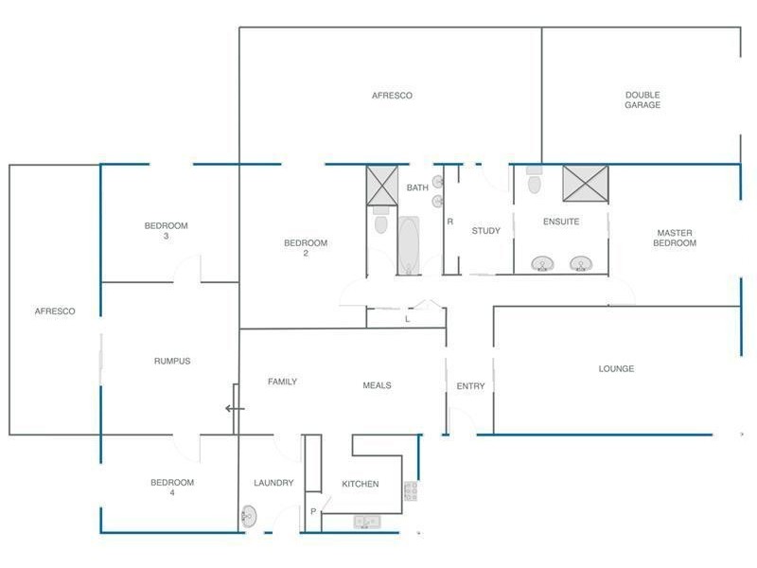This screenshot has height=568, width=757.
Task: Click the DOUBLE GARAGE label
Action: click(643, 99)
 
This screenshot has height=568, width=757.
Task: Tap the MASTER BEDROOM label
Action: click(675, 238)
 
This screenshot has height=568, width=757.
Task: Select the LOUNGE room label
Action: click(616, 368)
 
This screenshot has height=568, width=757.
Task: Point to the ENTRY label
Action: click(470, 386)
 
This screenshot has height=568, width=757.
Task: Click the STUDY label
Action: click(485, 231)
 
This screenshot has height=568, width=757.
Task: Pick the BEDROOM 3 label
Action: click(167, 230)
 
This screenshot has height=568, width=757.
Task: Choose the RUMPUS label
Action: click(172, 361)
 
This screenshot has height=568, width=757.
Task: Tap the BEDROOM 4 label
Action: click(172, 487)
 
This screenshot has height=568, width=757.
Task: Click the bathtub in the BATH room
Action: click(409, 245)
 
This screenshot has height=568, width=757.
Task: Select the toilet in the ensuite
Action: click(534, 180)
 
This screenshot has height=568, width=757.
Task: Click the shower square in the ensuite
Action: click(586, 183)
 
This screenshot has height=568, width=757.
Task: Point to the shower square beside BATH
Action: click(382, 186)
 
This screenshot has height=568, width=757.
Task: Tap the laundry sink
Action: click(249, 516)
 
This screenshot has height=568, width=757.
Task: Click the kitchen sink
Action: click(367, 522)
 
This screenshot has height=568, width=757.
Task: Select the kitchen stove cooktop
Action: click(411, 490)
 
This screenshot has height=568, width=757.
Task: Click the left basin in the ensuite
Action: click(542, 264)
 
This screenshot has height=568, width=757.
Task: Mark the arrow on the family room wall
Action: click(235, 409)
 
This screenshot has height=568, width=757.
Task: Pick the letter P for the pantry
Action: click(313, 511)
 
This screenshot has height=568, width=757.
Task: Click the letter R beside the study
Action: click(450, 222)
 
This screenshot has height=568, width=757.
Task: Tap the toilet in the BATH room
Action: click(381, 221)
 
